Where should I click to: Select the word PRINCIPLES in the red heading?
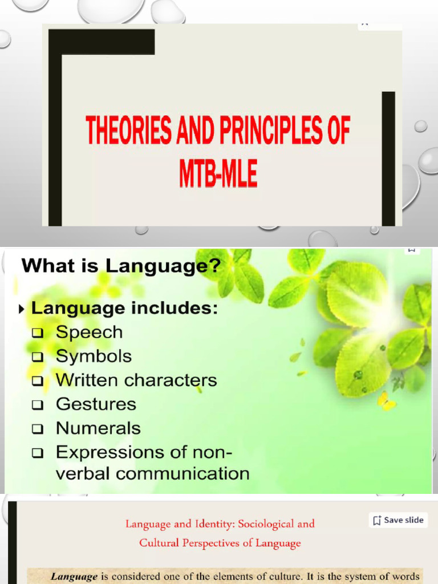pos(265,130)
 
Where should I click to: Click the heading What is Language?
pos(120,266)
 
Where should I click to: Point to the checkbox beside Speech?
pos(38,334)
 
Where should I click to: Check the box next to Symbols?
pos(38,358)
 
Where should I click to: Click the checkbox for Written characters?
pos(38,382)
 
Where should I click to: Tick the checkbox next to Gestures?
pos(38,405)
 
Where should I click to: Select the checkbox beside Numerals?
pos(38,429)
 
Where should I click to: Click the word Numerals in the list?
pos(98,428)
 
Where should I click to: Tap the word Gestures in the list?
pos(96,404)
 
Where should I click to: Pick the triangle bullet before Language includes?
pos(22,310)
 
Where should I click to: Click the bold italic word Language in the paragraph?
pos(74,577)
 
